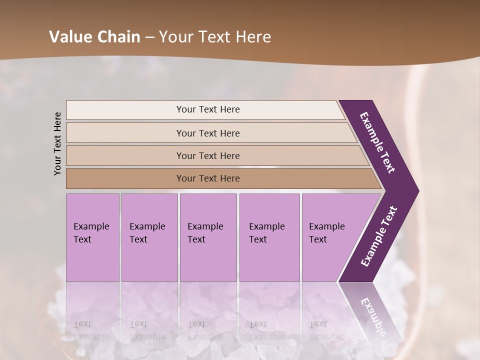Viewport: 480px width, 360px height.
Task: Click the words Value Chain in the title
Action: [94, 37]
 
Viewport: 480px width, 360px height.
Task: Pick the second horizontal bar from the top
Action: [208, 133]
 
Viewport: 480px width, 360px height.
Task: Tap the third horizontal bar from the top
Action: [208, 155]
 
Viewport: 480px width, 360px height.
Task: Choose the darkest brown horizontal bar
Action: [208, 178]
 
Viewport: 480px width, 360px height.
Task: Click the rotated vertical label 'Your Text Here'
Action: [57, 143]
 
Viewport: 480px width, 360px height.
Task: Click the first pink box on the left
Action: [92, 237]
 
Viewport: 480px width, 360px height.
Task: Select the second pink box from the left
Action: [149, 237]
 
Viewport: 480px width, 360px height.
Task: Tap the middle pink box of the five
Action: [208, 237]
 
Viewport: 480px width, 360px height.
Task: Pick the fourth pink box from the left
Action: [269, 237]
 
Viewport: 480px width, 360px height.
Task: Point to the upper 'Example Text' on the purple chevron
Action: [377, 142]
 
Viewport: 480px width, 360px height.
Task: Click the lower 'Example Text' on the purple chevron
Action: [379, 236]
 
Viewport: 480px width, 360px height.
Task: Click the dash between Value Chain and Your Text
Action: [149, 37]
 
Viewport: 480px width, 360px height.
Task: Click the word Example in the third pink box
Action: [205, 226]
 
